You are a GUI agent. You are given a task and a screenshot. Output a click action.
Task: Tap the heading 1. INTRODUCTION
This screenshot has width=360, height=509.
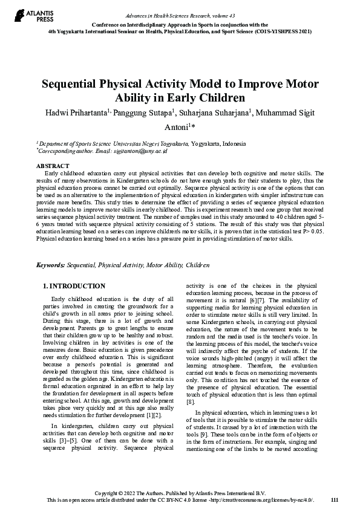(x=74, y=286)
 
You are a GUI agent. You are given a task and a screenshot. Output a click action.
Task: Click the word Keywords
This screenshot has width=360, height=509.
(x=50, y=265)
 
